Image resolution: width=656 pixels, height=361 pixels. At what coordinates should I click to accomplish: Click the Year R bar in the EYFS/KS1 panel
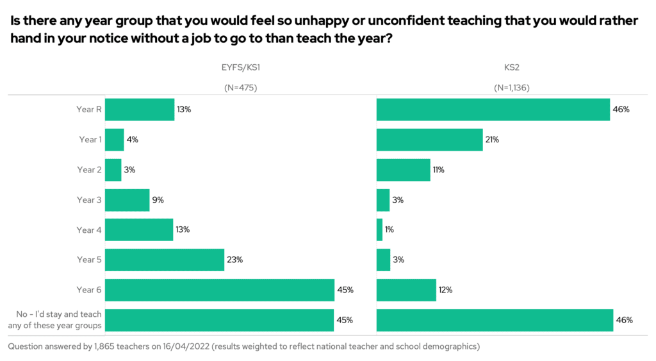[x=140, y=110]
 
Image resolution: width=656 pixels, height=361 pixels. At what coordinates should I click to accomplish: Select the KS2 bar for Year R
[x=493, y=110]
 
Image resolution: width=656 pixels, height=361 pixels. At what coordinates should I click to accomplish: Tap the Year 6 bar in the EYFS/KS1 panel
[x=220, y=290]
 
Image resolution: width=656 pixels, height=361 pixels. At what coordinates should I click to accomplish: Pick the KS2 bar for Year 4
[x=379, y=230]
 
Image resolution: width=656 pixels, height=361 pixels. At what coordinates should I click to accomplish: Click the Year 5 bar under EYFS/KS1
[x=165, y=260]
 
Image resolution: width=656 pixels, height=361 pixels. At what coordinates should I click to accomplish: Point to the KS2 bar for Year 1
[x=429, y=140]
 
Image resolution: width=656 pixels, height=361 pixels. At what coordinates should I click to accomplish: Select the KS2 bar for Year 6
[x=406, y=290]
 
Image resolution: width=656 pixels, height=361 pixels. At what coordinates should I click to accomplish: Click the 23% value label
[x=234, y=260]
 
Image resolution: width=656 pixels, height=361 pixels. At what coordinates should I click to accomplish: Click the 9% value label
[x=158, y=199]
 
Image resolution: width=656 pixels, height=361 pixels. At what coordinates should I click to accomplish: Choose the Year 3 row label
[x=89, y=199]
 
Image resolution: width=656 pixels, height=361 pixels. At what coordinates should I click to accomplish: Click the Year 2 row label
[x=89, y=170]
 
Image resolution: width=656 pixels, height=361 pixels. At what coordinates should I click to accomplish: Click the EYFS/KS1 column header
[x=240, y=67]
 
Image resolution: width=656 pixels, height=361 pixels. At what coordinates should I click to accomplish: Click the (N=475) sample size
[x=240, y=88]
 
